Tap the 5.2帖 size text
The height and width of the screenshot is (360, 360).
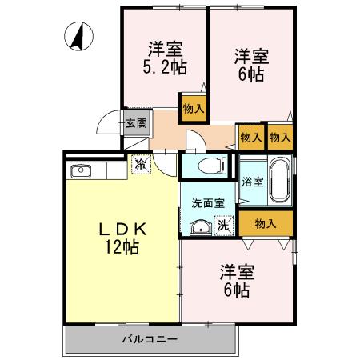(166, 68)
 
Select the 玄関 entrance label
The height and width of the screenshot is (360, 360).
(135, 122)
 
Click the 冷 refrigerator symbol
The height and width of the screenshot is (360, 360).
(141, 165)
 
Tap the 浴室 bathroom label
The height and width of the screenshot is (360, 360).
(252, 182)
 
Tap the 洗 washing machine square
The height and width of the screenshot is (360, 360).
(226, 226)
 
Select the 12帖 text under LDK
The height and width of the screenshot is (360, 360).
(121, 247)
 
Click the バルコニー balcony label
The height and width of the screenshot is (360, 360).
(150, 339)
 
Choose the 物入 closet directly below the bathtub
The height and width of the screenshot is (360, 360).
(266, 223)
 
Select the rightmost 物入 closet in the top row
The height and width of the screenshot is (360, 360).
(280, 138)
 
